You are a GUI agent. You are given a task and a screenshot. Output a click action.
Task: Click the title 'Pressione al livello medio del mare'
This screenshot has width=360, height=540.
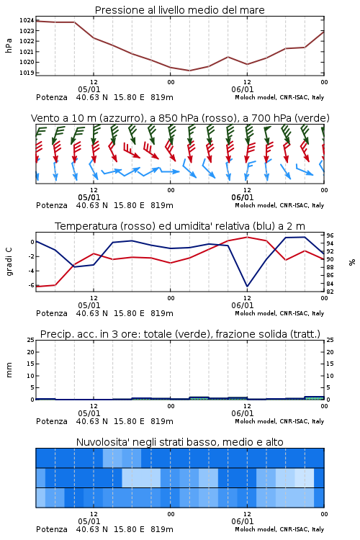pos(179,10)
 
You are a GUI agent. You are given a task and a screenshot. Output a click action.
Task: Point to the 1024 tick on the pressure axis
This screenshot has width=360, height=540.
pos(27,20)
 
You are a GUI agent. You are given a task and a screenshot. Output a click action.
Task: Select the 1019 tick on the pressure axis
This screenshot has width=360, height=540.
pos(27,73)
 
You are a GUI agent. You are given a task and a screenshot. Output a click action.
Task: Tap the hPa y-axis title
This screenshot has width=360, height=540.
pos(9,45)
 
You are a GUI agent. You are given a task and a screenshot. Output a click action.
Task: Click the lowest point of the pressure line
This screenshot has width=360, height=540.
pos(189,71)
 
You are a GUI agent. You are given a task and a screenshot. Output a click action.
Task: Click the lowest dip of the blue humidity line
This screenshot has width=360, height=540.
pos(247,286)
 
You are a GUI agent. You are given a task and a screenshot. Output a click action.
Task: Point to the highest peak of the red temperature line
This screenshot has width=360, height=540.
pos(247,237)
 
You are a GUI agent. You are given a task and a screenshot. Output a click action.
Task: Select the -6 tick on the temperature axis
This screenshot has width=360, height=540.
pos(31,285)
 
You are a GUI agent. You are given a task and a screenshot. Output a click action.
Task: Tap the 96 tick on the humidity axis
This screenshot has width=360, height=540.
pos(330,235)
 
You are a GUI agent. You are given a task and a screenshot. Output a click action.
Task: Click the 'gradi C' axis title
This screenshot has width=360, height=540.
pos(9,262)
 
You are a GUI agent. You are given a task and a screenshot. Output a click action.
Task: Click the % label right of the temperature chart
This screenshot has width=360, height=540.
pos(352,262)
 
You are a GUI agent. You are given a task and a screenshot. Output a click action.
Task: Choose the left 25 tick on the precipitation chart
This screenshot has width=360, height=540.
pos(31,341)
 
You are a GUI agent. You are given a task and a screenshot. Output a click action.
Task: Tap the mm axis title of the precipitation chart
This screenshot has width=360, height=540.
pos(9,370)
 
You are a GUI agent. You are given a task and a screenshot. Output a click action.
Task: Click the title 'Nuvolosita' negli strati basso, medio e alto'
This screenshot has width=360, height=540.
pos(179,442)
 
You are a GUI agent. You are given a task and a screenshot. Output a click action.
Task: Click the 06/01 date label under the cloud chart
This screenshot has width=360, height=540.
pos(243,521)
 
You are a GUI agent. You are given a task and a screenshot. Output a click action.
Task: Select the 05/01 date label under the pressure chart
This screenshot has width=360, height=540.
pos(89,89)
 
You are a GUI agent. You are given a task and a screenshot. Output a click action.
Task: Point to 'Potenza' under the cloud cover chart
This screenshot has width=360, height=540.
pos(52,529)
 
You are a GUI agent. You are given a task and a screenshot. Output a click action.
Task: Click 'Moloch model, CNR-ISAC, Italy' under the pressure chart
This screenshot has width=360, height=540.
pos(279,97)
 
